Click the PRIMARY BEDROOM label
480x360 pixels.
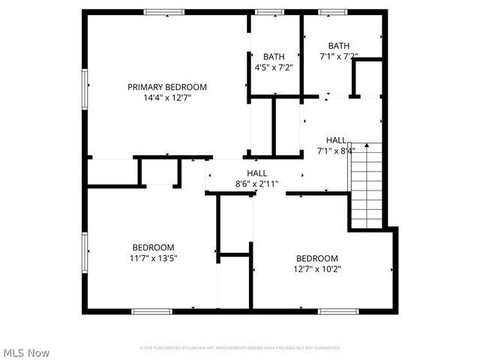point(166,87)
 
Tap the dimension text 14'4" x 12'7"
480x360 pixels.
point(166,97)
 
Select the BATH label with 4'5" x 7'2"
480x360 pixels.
point(273,56)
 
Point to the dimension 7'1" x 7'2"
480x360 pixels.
point(338,56)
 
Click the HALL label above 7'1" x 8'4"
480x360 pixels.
point(336,140)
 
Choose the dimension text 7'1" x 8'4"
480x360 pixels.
point(336,151)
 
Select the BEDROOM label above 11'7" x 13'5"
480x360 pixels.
point(153,247)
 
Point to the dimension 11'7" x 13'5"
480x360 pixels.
point(153,258)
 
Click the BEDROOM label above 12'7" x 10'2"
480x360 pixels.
point(316,258)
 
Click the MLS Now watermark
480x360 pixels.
point(26,352)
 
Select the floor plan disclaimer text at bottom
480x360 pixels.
point(240,348)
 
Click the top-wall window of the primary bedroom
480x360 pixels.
point(164,12)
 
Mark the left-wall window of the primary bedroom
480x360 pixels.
point(85,88)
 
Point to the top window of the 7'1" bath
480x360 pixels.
point(332,12)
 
